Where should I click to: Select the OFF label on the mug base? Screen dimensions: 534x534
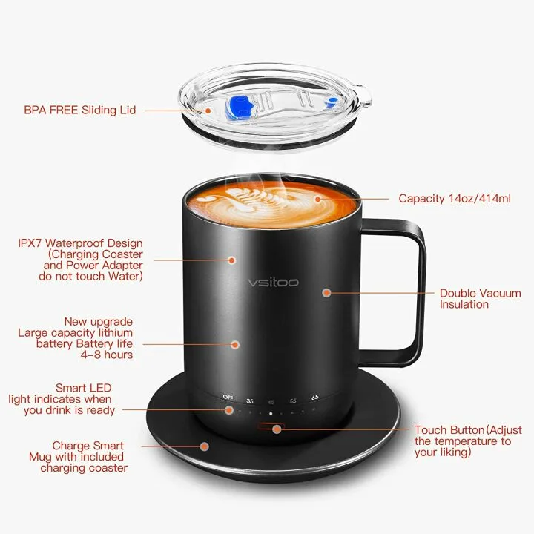click(228, 398)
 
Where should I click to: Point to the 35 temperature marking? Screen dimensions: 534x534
click(249, 399)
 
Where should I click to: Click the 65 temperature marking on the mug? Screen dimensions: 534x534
click(315, 398)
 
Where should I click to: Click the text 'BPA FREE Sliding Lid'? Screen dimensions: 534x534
click(80, 111)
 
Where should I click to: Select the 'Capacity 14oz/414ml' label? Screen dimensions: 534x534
click(454, 198)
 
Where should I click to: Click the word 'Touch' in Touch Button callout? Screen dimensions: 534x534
click(430, 430)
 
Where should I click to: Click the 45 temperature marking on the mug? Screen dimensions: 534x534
click(271, 400)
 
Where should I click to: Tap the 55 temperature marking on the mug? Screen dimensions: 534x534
click(293, 399)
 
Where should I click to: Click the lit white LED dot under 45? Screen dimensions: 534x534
click(271, 412)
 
